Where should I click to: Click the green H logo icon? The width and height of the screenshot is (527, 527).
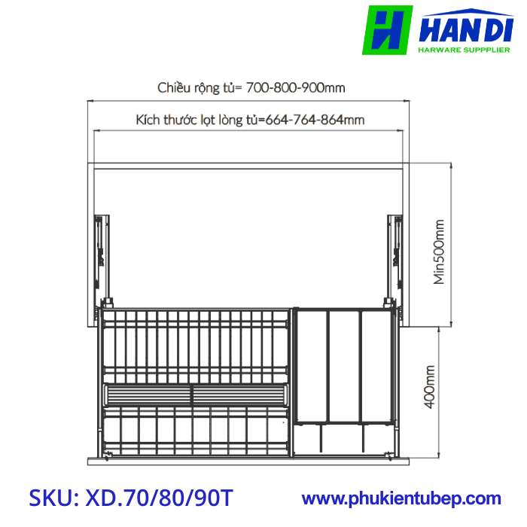tap(387, 30)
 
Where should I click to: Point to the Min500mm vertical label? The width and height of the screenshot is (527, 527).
tap(439, 251)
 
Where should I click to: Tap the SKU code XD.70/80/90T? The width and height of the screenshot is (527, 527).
tap(159, 498)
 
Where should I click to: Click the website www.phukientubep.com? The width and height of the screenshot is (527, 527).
tap(401, 498)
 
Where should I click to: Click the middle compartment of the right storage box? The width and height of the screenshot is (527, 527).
tap(344, 365)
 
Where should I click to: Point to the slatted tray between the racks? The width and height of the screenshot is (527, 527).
tap(196, 394)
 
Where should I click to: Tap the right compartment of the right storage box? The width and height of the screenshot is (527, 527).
tap(376, 365)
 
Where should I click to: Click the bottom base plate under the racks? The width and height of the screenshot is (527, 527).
tap(248, 458)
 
